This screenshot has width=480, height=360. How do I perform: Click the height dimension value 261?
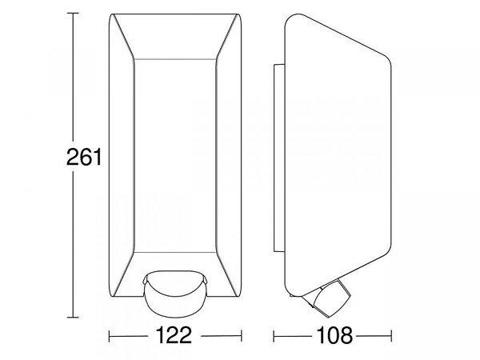(x=83, y=157)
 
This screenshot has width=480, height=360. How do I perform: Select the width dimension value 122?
(x=174, y=335)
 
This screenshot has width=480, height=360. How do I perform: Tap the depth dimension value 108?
(x=334, y=335)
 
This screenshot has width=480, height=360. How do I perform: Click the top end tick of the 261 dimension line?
(x=73, y=13)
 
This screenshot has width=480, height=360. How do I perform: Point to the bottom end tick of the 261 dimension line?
(x=73, y=318)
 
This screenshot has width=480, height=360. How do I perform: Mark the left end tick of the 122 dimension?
(x=110, y=336)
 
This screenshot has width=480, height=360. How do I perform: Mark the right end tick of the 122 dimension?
(x=242, y=336)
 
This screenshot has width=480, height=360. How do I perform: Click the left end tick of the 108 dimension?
(x=274, y=336)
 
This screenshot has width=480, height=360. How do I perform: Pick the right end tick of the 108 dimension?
(x=391, y=336)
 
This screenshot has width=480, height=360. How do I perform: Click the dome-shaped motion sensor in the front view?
(x=175, y=292)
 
